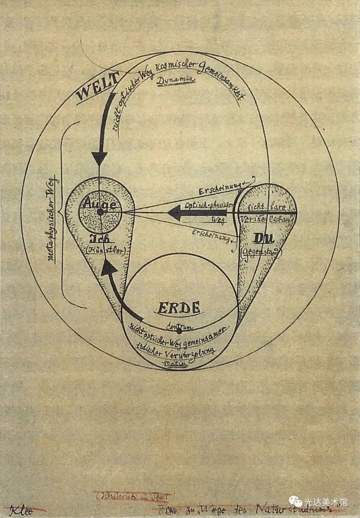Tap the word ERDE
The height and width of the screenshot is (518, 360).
point(179,307)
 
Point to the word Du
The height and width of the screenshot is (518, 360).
point(264,238)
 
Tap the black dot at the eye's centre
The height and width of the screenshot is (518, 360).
point(100,212)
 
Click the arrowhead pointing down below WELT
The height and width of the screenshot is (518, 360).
point(99,157)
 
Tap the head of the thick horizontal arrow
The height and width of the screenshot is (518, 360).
point(175,212)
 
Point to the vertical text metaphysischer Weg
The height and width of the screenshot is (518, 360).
point(53,220)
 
